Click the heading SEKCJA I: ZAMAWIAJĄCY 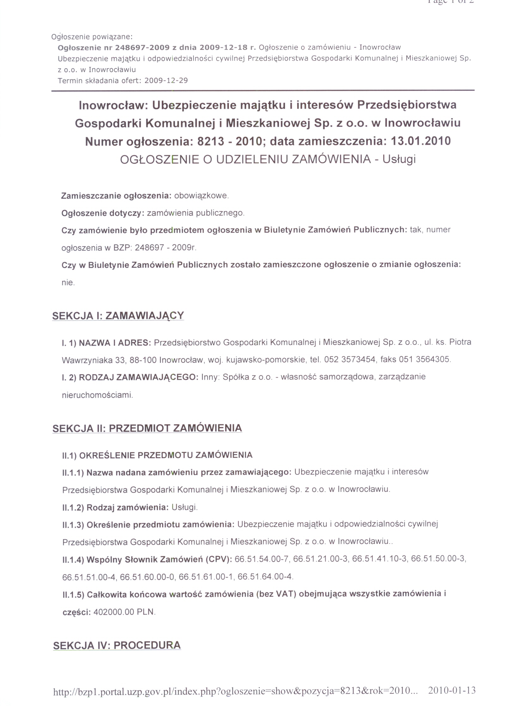click(118, 315)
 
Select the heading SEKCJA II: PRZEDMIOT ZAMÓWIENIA click(147, 428)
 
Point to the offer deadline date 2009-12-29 click(166, 80)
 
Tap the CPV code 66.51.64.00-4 click(265, 576)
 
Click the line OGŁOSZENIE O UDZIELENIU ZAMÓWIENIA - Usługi click(268, 159)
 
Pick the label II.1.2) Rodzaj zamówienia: click(115, 507)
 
